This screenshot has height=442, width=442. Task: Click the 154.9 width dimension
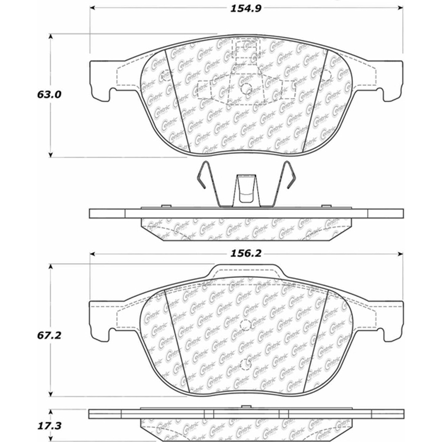pos(246,8)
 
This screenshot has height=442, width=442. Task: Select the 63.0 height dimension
pos(49,95)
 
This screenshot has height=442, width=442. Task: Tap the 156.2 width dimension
pos(246,253)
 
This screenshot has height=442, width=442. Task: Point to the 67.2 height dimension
pos(49,335)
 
